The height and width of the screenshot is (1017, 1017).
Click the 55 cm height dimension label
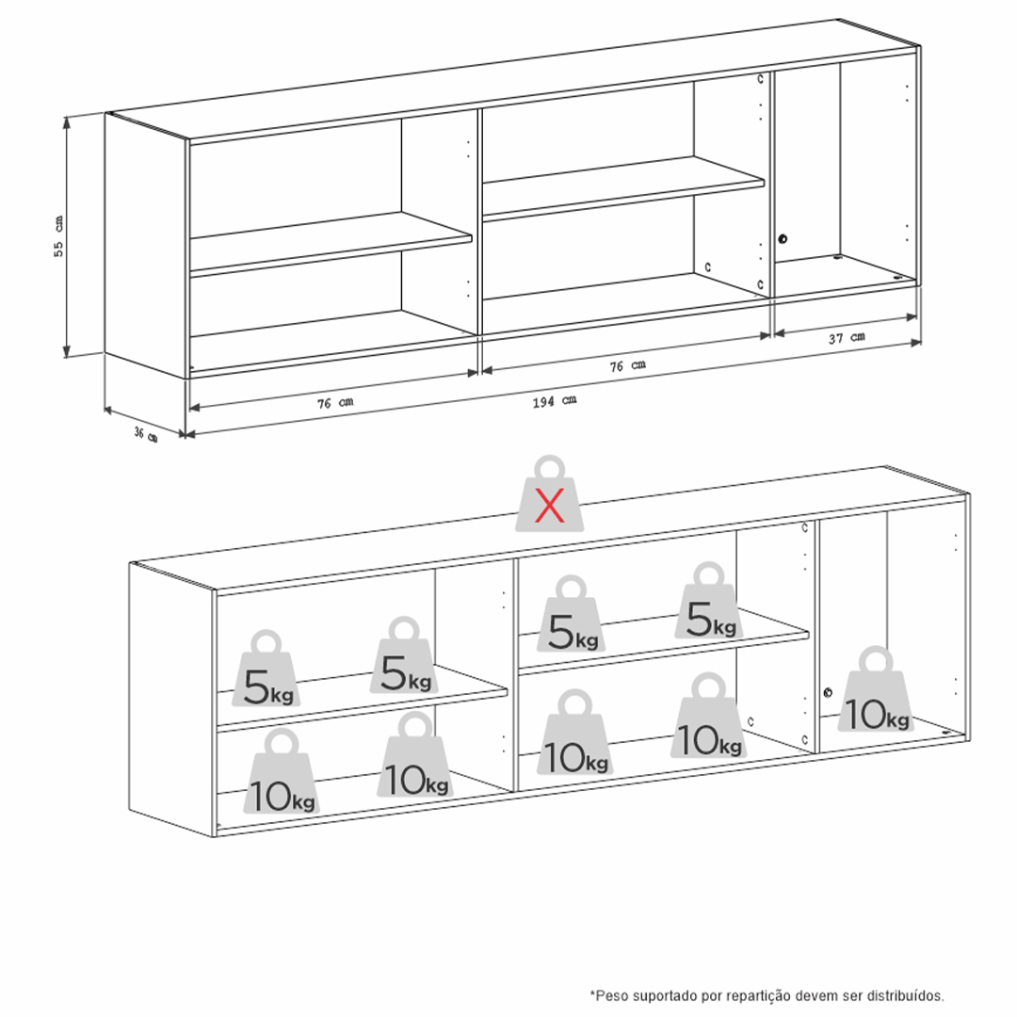(x=58, y=236)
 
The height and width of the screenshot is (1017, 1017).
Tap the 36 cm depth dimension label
(x=146, y=434)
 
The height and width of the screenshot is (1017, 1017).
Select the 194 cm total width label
(x=555, y=401)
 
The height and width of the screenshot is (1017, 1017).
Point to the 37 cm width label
(x=847, y=337)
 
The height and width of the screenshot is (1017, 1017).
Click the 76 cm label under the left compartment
(x=335, y=403)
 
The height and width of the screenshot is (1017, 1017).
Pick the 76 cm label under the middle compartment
(x=627, y=365)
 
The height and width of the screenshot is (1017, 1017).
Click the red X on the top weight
(x=549, y=506)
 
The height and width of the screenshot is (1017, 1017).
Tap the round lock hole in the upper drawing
(x=783, y=239)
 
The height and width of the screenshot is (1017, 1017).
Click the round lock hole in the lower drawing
(x=828, y=693)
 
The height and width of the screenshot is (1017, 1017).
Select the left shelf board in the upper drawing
(x=331, y=244)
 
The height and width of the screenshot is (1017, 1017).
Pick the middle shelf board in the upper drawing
(x=623, y=188)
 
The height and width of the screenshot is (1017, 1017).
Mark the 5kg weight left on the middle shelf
(x=571, y=614)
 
